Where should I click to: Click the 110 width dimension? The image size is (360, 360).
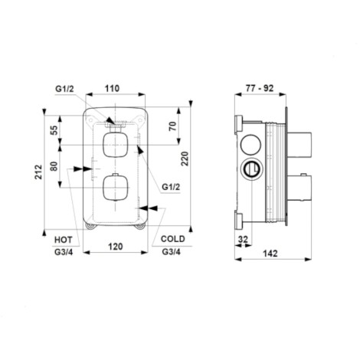[112, 89]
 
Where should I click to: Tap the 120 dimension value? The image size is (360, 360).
[116, 247]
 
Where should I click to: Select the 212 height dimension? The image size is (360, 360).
[38, 172]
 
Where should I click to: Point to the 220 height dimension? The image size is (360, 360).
[185, 159]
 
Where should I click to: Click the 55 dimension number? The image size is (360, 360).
[54, 130]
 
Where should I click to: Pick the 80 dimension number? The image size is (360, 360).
[54, 166]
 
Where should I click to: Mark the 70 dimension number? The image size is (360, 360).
[173, 126]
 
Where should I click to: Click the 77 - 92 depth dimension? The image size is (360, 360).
[260, 88]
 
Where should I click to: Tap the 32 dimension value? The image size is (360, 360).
[243, 240]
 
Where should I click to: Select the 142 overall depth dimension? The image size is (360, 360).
[270, 254]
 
